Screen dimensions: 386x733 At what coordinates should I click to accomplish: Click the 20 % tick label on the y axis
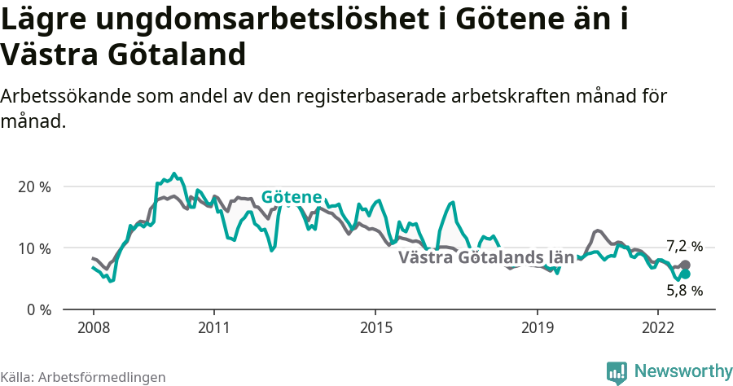tap(34, 186)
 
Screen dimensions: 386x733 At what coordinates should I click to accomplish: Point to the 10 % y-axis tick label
tap(34, 248)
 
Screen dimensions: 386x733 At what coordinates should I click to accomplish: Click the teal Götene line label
tap(292, 197)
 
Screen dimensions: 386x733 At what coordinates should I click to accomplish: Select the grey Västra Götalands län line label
tap(486, 258)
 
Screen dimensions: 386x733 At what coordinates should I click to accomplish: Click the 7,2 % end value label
tap(684, 246)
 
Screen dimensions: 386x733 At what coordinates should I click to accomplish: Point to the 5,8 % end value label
tap(684, 290)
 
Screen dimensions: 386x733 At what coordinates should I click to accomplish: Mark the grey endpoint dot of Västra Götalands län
tap(685, 265)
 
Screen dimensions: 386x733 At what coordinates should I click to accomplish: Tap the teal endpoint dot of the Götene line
tap(685, 274)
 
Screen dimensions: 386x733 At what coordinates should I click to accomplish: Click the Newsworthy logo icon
tap(617, 372)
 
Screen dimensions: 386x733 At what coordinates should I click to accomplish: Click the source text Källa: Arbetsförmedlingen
tap(83, 377)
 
